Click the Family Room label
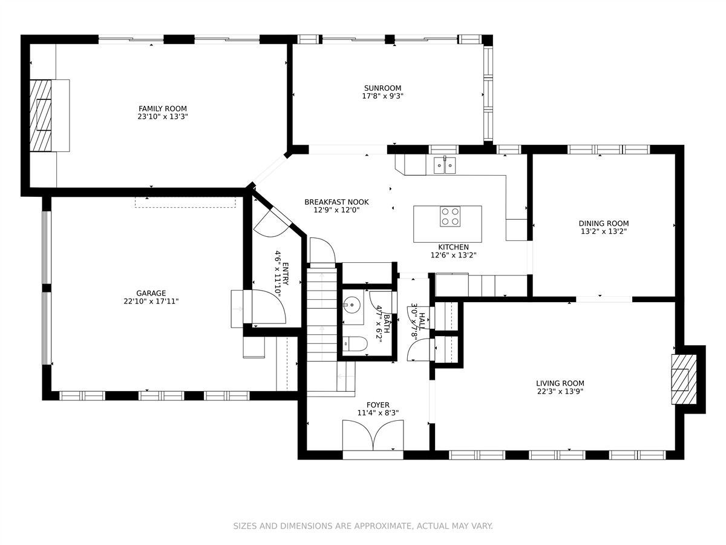[162, 108]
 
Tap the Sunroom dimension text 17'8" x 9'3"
[383, 96]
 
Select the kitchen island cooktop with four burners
[450, 216]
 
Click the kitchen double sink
[445, 165]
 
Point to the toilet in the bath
[355, 345]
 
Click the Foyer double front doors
[373, 435]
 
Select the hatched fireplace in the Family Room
[41, 116]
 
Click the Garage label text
[151, 293]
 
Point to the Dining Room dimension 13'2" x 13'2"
[604, 232]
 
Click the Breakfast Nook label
[336, 202]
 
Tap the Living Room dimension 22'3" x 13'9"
[560, 391]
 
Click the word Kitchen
[454, 247]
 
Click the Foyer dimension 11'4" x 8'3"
[378, 413]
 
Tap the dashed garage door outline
[185, 202]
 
